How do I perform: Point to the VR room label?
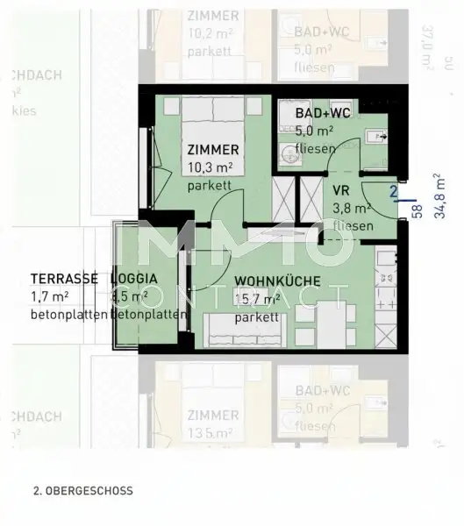point(342,191)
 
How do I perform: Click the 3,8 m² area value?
point(352,209)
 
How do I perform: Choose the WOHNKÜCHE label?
point(276,282)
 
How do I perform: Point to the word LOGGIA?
point(134,278)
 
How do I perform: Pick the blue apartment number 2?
point(394,190)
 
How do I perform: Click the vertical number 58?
point(418,210)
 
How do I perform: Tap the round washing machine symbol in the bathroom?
point(289,155)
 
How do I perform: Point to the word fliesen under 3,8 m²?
point(353,226)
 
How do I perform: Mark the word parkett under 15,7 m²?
point(251,316)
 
